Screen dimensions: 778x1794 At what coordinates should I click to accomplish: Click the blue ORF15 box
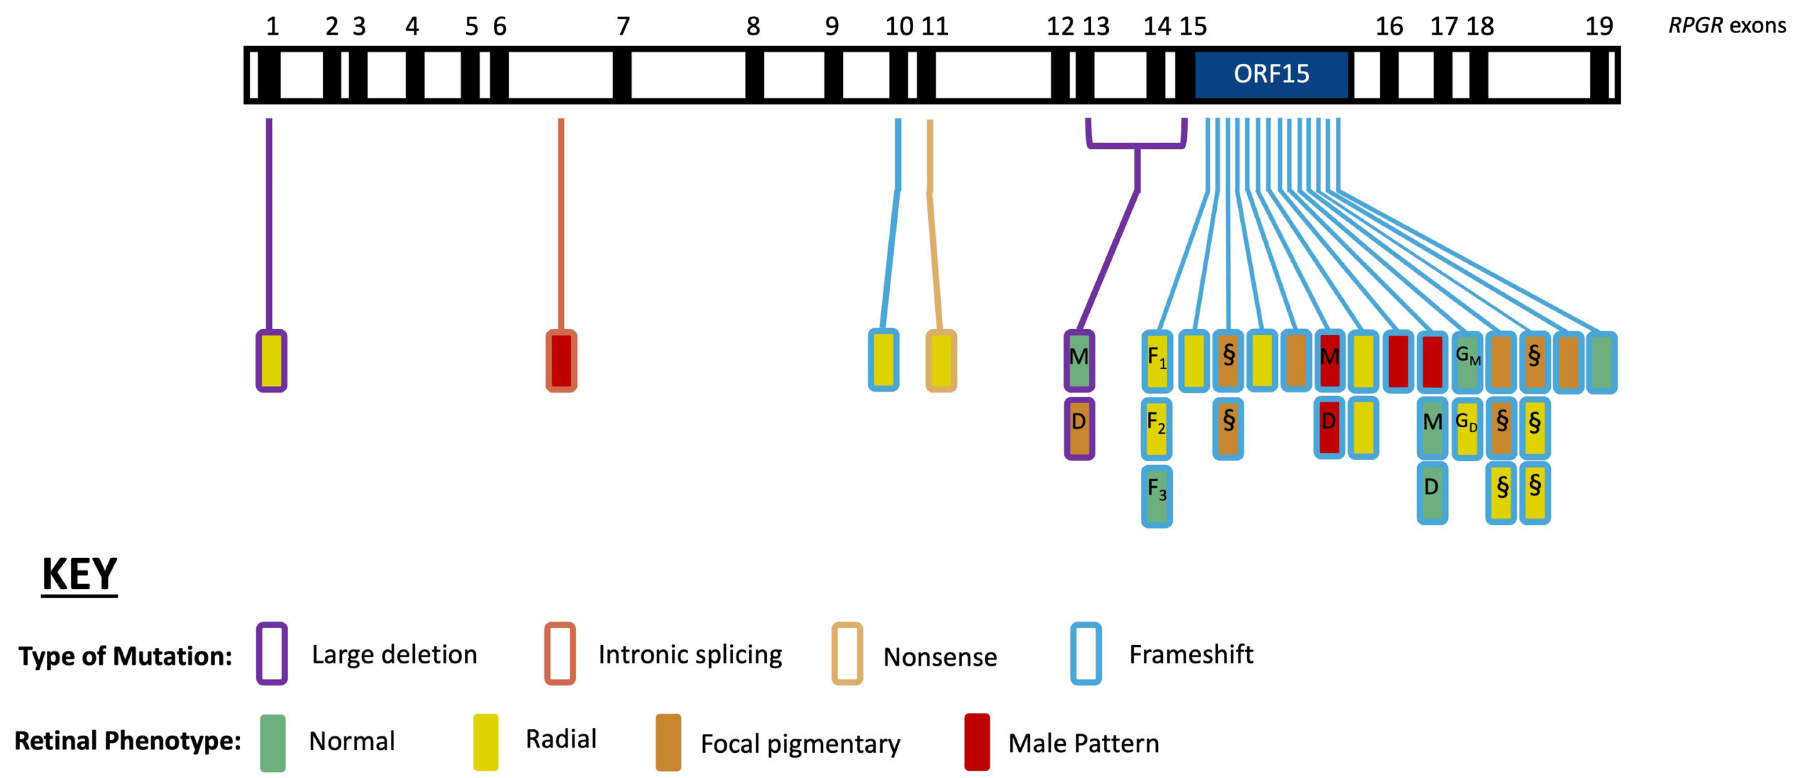tap(1271, 74)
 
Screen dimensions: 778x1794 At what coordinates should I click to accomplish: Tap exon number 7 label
tap(623, 27)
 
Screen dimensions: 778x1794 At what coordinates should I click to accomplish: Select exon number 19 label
tap(1599, 27)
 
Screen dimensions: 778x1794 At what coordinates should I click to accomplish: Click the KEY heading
tap(79, 575)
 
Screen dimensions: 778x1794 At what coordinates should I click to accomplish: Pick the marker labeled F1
tap(1157, 361)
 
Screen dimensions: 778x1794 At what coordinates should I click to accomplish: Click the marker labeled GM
tap(1467, 361)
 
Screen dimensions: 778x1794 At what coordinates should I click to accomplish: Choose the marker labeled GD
tap(1466, 428)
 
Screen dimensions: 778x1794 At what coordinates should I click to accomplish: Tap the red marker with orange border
tap(561, 361)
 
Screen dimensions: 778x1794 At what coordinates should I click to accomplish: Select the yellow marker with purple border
tap(272, 361)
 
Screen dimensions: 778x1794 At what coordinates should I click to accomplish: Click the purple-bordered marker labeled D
tap(1079, 428)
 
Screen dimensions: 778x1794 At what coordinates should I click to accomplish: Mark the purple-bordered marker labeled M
tap(1079, 361)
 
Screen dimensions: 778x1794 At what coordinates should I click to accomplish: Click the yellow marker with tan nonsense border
tap(941, 361)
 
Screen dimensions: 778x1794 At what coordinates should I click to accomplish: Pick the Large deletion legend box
tap(272, 653)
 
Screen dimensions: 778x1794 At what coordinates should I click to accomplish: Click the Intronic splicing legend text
tap(690, 655)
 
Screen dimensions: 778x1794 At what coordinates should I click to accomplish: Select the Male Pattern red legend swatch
tap(976, 742)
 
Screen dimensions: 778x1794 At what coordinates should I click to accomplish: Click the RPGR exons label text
tap(1727, 26)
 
